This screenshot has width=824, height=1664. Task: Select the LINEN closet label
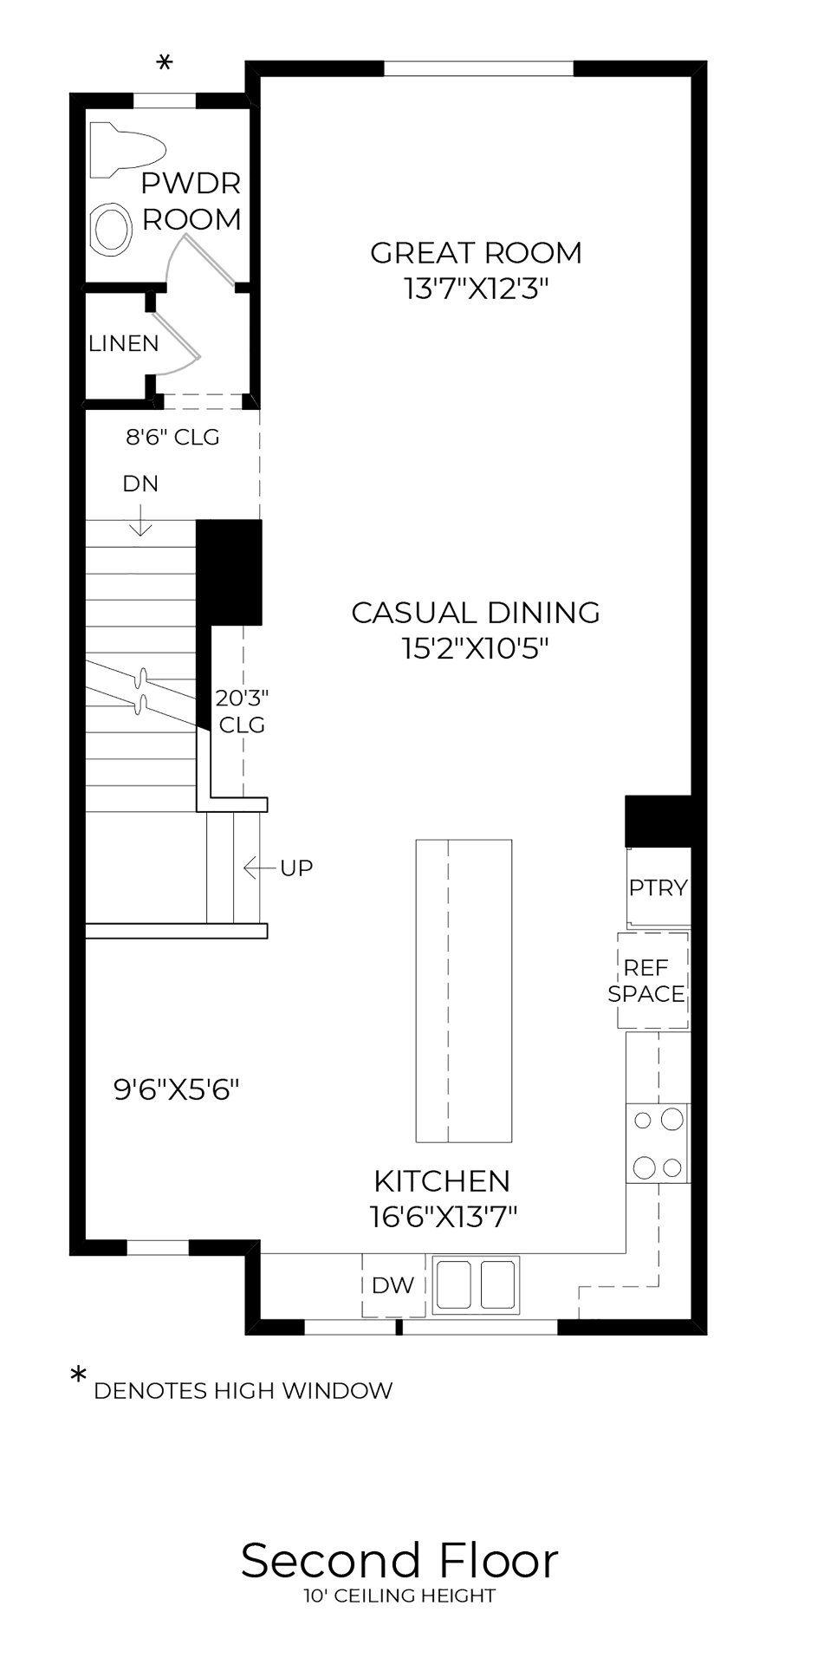[x=124, y=343]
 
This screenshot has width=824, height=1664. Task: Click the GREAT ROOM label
[x=476, y=252]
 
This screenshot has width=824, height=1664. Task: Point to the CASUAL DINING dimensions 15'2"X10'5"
[x=476, y=648]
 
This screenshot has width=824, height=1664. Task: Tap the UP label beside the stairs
[x=296, y=868]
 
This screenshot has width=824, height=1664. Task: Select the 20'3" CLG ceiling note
[x=242, y=711]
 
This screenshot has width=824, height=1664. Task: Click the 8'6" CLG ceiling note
[x=173, y=437]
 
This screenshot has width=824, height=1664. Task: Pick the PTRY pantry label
[x=659, y=887]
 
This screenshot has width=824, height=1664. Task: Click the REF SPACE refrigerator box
[x=653, y=981]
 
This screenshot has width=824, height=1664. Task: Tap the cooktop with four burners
[x=658, y=1143]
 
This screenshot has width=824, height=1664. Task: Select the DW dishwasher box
[x=393, y=1285]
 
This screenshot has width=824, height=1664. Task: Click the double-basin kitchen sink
[x=476, y=1284]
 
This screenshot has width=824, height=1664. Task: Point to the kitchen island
[x=464, y=991]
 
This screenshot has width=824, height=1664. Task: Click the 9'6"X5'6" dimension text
[x=177, y=1089]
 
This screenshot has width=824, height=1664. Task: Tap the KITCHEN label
[x=442, y=1180]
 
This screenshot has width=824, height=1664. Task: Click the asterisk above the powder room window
[x=165, y=63]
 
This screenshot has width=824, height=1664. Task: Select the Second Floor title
[x=399, y=1560]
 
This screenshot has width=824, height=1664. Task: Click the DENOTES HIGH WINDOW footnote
[x=243, y=1391]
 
